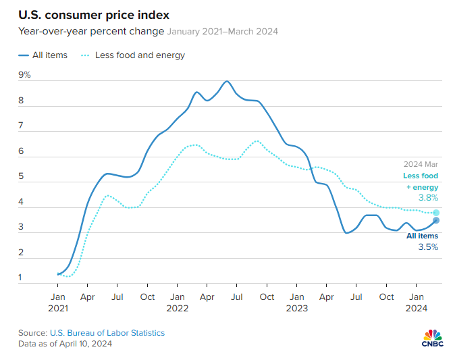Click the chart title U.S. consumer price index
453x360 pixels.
point(94,14)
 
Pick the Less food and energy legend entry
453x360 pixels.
point(133,55)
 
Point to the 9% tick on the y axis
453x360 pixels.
point(24,75)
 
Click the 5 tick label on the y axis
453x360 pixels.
point(21,177)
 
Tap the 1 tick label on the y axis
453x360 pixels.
point(21,278)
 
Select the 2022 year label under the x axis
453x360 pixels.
point(177,308)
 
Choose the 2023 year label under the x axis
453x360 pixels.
point(296,308)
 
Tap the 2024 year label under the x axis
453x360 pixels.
point(416,308)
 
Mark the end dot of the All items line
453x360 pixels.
point(436,220)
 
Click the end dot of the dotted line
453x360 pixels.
point(436,213)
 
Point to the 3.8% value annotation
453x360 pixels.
point(427,198)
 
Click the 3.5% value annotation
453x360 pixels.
point(427,247)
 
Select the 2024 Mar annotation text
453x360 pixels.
point(421,164)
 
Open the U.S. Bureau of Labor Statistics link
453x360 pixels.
point(107,333)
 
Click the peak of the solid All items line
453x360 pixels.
point(227,82)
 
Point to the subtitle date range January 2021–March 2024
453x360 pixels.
point(223,31)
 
